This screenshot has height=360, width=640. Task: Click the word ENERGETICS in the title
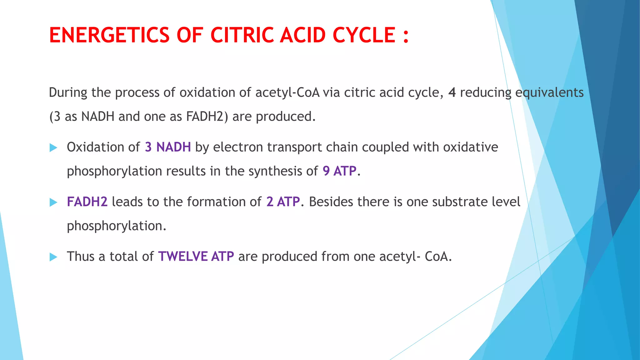coord(109,35)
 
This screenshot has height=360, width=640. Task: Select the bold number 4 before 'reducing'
coord(452,92)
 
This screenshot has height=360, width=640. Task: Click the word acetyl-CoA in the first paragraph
coord(287,92)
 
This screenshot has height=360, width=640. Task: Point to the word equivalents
coord(549,92)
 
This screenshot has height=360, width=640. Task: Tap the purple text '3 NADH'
coord(168,147)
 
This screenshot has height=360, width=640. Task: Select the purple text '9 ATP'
coord(339,171)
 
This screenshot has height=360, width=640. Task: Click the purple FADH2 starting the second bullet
coord(87,202)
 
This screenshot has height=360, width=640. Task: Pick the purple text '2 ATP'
coord(283,202)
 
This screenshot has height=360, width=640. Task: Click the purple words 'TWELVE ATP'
coord(196,257)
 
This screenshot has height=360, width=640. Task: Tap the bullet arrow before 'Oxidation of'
coord(53,148)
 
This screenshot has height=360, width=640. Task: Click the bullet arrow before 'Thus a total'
coord(53,257)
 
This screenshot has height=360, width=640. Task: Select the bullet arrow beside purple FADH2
coord(53,202)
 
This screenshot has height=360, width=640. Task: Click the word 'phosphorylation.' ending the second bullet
coord(117,226)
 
